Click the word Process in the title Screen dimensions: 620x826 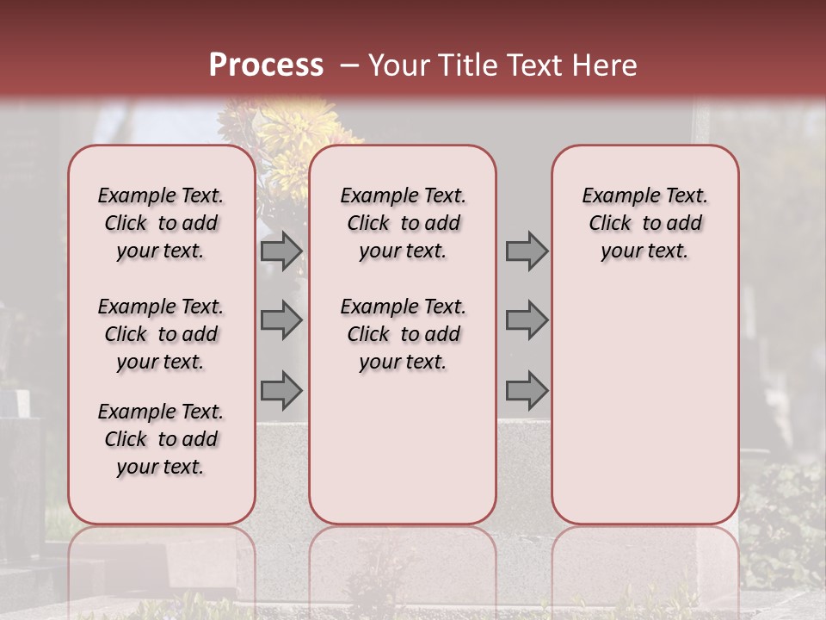[266, 65]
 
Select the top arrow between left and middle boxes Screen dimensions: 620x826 [281, 251]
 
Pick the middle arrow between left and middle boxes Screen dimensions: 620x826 [281, 320]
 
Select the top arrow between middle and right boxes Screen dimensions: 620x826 [527, 251]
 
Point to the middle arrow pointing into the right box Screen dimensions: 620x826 [527, 320]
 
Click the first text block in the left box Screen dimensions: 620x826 [160, 223]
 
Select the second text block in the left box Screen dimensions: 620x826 [160, 334]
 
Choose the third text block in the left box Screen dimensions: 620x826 [160, 439]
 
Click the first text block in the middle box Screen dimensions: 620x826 [403, 223]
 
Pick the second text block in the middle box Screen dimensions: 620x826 [403, 334]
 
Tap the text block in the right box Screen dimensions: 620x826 [644, 223]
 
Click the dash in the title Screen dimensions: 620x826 [349, 66]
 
